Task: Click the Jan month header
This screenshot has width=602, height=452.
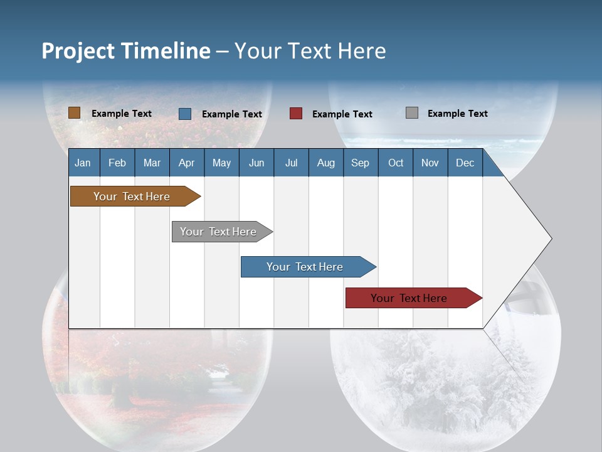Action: tap(83, 163)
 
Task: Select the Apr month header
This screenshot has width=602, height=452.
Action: tap(186, 163)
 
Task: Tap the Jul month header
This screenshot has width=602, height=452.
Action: tap(291, 163)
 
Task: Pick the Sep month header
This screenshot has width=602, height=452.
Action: tap(360, 163)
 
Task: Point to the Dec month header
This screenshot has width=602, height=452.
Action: tap(465, 163)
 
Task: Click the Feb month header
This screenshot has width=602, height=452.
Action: tap(117, 163)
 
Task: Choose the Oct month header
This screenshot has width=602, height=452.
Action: tap(396, 163)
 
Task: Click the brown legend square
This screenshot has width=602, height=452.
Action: tap(75, 113)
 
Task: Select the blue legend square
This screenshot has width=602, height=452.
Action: tap(185, 114)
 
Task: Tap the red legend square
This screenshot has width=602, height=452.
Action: tap(296, 114)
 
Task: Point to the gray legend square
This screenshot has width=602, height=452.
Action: tap(412, 113)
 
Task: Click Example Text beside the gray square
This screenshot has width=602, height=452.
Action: tap(457, 114)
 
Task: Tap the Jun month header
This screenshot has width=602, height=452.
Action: tap(256, 163)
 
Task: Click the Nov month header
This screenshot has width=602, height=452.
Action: tap(430, 163)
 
